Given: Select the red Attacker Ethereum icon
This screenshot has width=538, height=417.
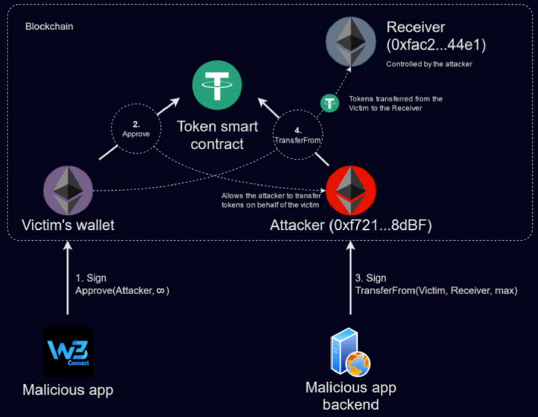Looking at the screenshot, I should click(351, 190).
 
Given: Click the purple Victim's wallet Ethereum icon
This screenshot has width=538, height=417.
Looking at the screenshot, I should click(68, 191).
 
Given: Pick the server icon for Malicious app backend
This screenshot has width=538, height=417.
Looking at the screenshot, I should click(350, 352).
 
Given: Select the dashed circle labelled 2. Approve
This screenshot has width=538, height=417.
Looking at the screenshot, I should click(136, 129).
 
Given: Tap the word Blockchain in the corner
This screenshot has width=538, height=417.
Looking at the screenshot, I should click(49, 26).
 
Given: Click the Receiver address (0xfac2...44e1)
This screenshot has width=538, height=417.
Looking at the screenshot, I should click(436, 45).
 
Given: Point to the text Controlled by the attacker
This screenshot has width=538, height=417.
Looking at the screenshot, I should click(429, 64).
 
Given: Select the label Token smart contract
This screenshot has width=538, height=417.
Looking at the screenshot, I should click(217, 135).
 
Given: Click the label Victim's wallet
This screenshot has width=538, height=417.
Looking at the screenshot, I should click(68, 225).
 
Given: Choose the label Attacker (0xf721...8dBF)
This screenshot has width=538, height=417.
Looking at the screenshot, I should click(351, 225).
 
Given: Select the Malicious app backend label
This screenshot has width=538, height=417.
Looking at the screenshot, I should click(350, 396).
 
